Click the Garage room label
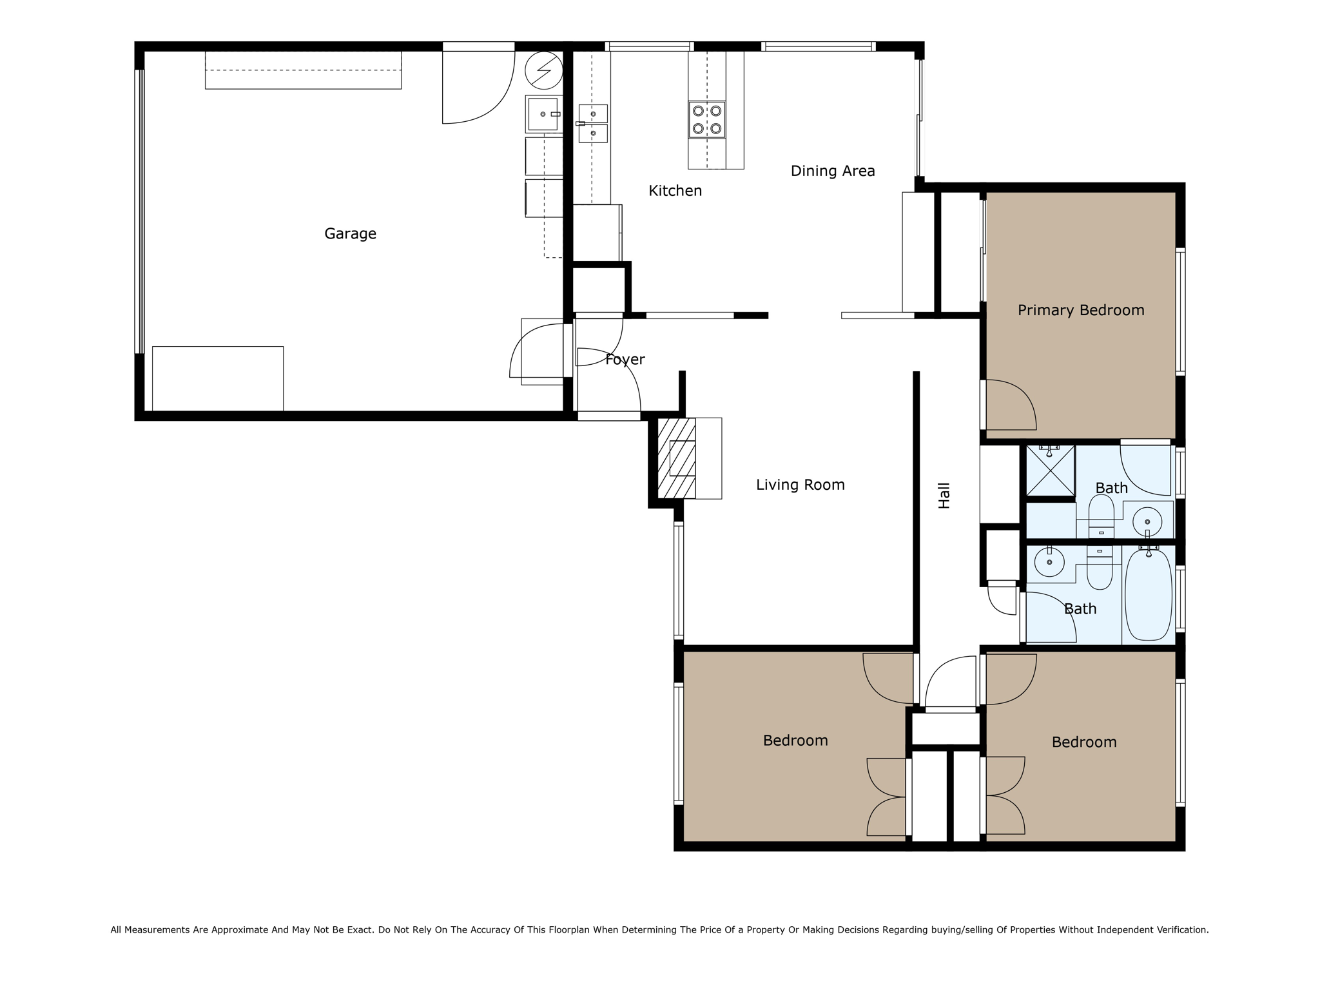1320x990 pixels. click(350, 233)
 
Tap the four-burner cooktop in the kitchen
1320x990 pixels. click(706, 119)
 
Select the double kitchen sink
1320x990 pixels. click(593, 123)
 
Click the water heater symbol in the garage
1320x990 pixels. click(544, 70)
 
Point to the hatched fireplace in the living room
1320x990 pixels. click(677, 458)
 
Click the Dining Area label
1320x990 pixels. click(833, 171)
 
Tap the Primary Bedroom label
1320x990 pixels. click(1081, 310)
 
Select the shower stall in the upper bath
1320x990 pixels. click(1051, 471)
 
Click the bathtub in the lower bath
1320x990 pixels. click(1148, 594)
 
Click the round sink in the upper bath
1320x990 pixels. click(1147, 521)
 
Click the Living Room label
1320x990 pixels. click(800, 485)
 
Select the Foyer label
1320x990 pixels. click(625, 360)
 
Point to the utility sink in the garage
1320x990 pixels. click(543, 114)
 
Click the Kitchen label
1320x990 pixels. click(675, 191)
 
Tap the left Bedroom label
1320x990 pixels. click(795, 741)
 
